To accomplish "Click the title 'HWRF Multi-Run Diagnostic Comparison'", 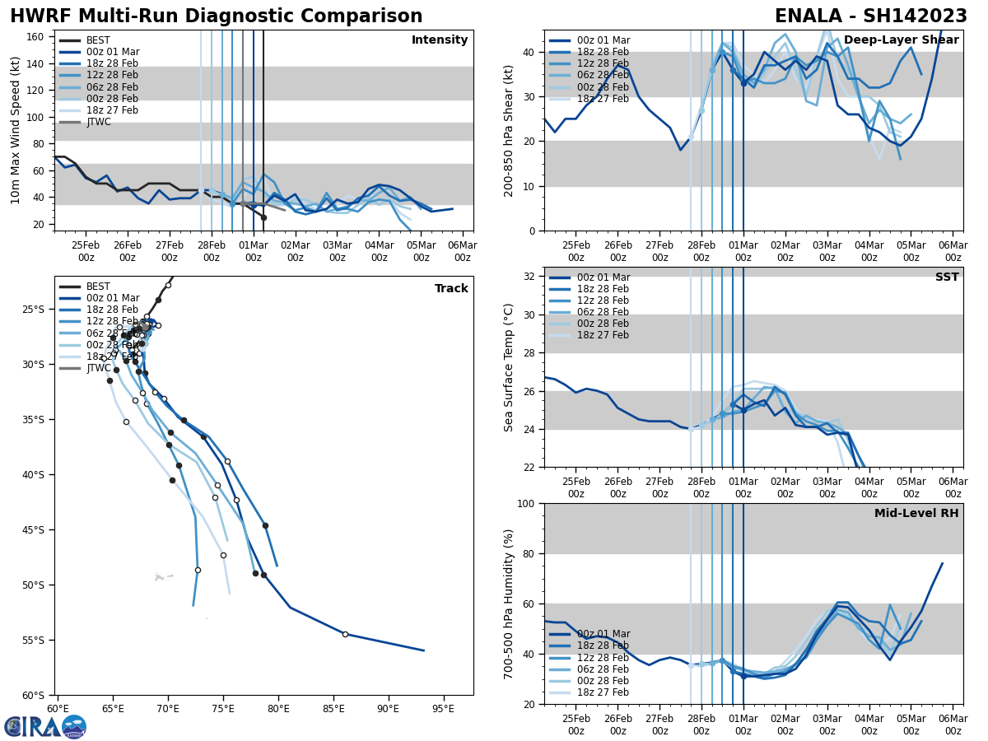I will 216,16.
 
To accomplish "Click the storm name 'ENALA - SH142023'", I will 871,16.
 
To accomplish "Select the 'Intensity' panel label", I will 440,40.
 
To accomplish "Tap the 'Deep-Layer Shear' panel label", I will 902,40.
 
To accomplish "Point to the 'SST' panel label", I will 947,277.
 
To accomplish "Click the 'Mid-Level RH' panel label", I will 916,514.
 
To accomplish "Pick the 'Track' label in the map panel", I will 451,289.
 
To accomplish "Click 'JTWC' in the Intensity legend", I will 99,122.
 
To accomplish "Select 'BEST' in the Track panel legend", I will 98,287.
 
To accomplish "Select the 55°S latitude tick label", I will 38,640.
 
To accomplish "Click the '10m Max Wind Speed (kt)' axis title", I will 16,130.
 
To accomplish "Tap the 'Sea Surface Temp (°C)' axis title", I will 509,367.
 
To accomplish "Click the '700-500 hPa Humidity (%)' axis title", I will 509,604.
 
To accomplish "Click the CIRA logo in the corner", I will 45,726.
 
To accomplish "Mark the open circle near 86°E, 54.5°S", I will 345,634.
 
